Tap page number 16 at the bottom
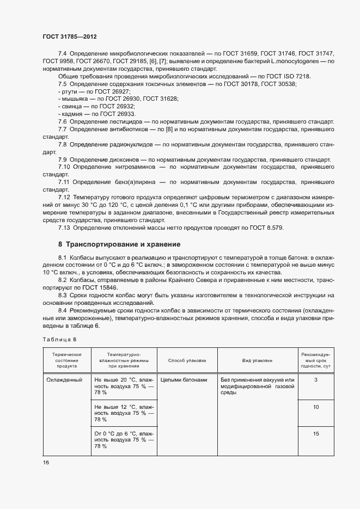[46, 462]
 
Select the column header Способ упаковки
[187, 360]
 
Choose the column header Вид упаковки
[257, 360]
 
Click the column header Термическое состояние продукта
[66, 360]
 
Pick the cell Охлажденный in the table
[64, 379]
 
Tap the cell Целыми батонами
[184, 379]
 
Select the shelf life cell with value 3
[316, 379]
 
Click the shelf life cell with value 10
[316, 407]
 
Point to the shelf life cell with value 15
[316, 433]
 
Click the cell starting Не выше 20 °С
[124, 386]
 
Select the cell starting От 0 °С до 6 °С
[124, 439]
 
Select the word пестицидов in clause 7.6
[124, 121]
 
